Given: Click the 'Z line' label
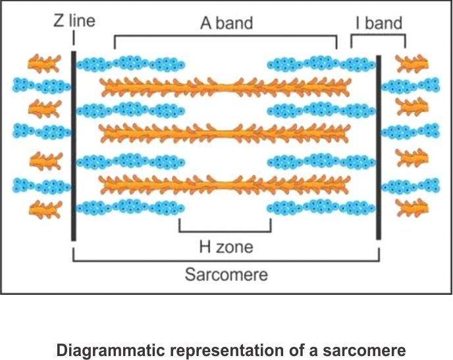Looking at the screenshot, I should click(74, 21).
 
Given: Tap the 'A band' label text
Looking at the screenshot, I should click(225, 22).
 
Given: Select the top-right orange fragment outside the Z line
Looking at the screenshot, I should click(411, 63).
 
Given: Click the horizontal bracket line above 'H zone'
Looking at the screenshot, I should click(225, 232).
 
